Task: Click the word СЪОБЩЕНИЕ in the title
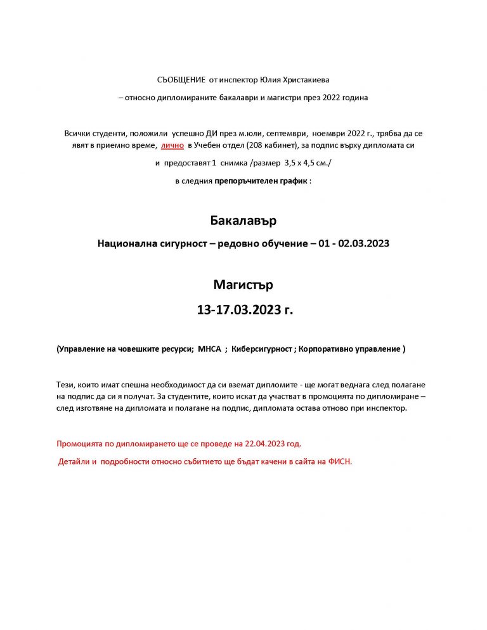click(x=181, y=79)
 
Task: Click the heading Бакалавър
click(x=243, y=221)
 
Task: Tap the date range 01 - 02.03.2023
click(x=355, y=243)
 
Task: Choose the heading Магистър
click(x=243, y=285)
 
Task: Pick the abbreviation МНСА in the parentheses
click(x=210, y=349)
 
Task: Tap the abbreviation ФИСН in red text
click(x=339, y=461)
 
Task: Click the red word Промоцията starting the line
click(x=79, y=443)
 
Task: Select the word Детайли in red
click(x=74, y=461)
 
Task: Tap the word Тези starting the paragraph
click(x=65, y=385)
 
